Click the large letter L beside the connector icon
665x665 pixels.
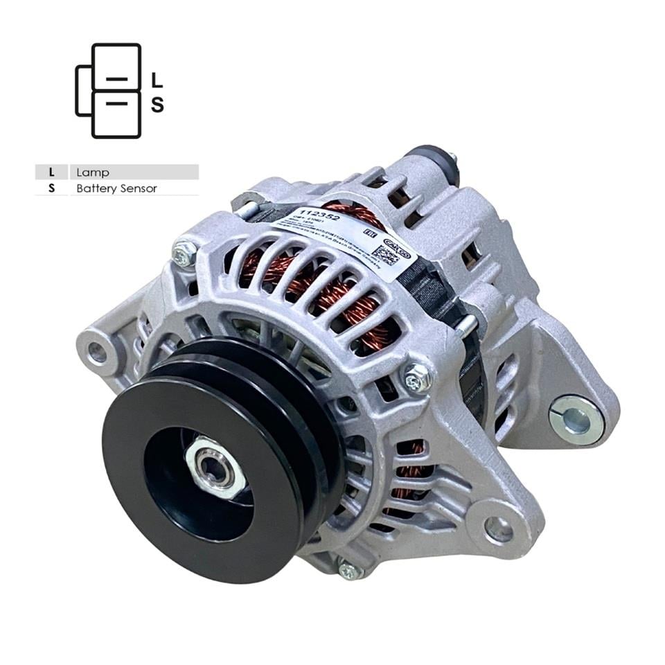[157, 80]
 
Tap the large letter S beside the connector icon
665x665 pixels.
[157, 105]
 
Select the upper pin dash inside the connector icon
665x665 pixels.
[116, 80]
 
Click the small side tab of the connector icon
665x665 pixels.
[82, 91]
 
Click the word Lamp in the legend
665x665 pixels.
[93, 172]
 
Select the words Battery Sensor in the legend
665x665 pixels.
[116, 188]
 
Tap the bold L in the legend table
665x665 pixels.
[51, 172]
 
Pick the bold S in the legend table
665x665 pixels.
[51, 188]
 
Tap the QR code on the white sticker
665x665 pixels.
[386, 254]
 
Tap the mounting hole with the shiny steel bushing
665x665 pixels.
[574, 418]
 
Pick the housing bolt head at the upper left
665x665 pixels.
[184, 255]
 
